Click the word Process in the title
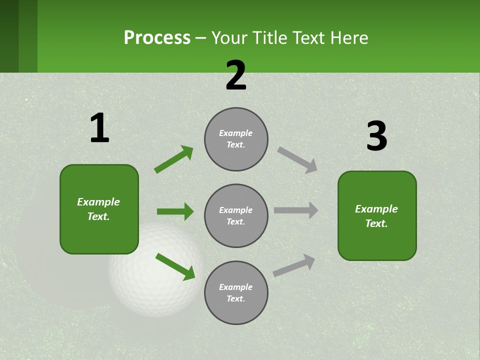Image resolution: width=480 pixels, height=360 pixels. pos(157,37)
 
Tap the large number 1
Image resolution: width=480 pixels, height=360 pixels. pos(99,128)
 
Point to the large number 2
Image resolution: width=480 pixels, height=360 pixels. pos(236,75)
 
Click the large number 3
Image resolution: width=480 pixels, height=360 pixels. pos(376,136)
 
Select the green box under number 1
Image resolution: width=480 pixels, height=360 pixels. pos(99,209)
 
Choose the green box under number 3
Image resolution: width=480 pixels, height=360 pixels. pos(377,215)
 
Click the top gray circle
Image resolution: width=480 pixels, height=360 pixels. pos(236,139)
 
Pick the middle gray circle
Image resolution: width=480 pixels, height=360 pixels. pos(236,215)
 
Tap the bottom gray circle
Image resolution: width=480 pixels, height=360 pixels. pos(236,292)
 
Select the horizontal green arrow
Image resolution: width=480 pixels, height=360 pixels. pos(175,211)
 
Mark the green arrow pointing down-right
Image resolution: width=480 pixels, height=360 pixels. pos(175,266)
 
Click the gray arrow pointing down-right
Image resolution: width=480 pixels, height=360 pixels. pos(297,160)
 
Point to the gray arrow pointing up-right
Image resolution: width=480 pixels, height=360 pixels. pos(294,265)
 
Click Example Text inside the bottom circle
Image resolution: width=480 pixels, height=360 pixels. pos(236,292)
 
